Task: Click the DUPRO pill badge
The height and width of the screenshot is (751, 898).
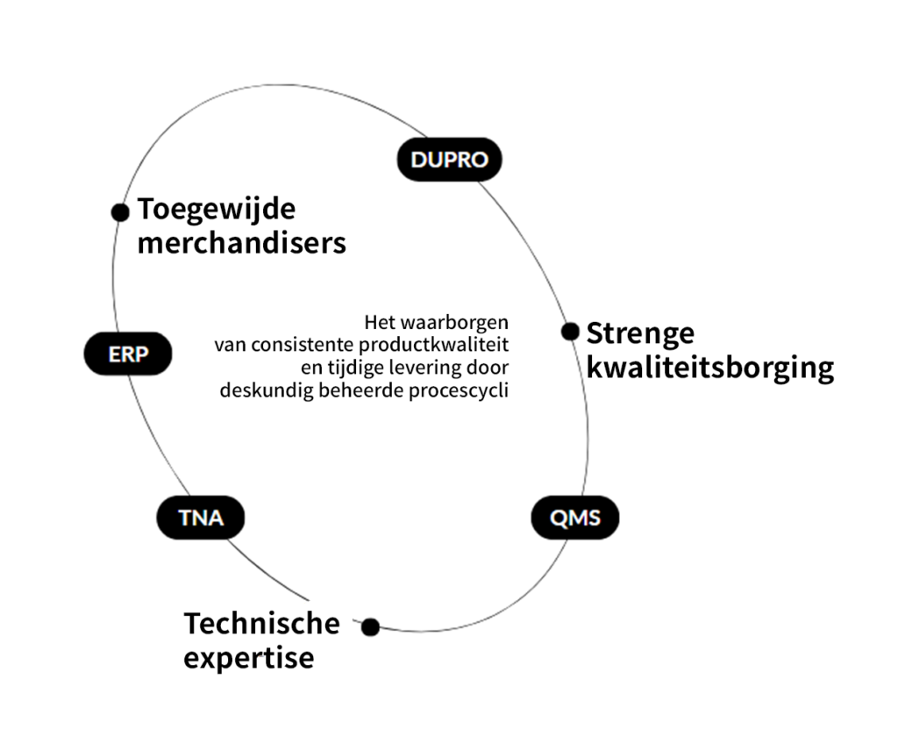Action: [449, 160]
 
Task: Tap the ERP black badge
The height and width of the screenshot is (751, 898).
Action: [128, 354]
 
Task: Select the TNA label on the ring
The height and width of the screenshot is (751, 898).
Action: [201, 518]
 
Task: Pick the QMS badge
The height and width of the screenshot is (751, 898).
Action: [575, 518]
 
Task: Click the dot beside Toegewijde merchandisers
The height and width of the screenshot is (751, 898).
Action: [120, 211]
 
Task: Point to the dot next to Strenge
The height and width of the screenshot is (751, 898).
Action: [570, 332]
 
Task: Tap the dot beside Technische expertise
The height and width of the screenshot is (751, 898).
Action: [370, 626]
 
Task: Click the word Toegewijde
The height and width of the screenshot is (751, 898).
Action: [217, 211]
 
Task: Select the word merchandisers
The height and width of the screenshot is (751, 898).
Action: [241, 243]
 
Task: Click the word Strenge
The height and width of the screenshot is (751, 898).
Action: [640, 333]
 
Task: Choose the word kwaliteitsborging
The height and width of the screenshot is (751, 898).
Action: [709, 368]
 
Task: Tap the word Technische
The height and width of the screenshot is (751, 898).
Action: [261, 623]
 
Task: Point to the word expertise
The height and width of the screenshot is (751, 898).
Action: [248, 657]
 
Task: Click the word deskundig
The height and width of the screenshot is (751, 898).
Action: [260, 390]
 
